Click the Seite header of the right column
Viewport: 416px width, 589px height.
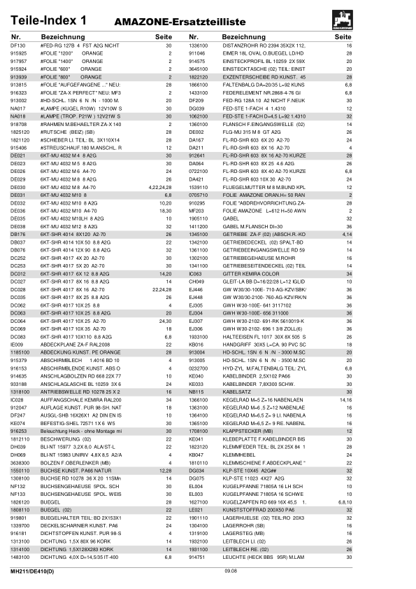343,36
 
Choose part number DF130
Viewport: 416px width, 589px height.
17,46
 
